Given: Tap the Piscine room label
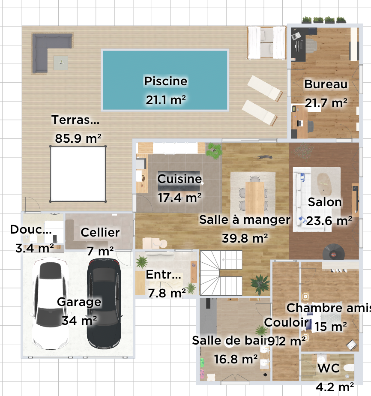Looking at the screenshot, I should [x=165, y=81].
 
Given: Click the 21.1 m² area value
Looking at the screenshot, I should [x=165, y=100].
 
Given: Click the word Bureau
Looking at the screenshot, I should [x=326, y=84].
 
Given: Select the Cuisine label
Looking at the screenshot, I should [x=180, y=179].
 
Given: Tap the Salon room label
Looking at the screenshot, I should [x=325, y=202].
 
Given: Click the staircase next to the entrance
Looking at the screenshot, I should [x=221, y=273].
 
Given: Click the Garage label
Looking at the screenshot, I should [x=79, y=302].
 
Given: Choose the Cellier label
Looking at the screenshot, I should [x=100, y=233].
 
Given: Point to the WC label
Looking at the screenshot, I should [x=329, y=368].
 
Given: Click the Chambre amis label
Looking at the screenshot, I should [x=328, y=308].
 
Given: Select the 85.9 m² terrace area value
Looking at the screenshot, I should [x=78, y=138].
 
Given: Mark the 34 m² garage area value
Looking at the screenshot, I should [x=79, y=320].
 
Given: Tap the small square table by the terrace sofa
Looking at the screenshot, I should [x=60, y=63].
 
